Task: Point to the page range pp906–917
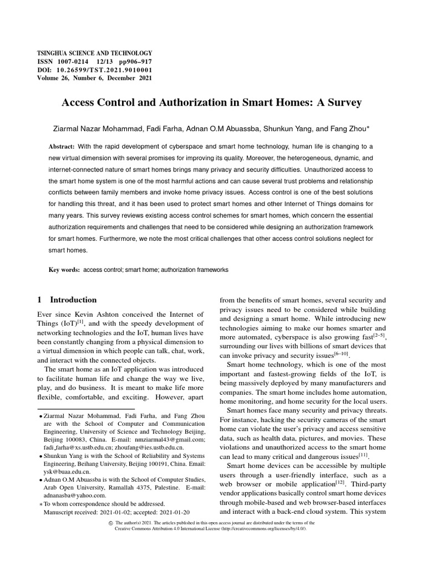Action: [136, 63]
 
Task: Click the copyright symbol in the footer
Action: [111, 523]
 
